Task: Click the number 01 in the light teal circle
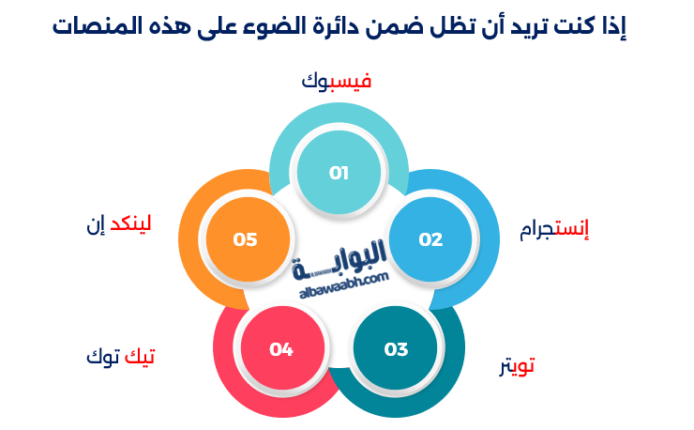click(x=339, y=173)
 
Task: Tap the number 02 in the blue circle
click(x=430, y=239)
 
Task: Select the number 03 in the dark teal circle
click(x=396, y=350)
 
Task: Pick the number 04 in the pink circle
click(x=281, y=350)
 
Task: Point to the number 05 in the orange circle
click(x=245, y=239)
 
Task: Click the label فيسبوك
click(x=337, y=81)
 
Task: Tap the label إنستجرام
click(x=554, y=229)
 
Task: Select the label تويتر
click(x=517, y=366)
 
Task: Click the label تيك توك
click(x=120, y=356)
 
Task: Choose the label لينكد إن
click(x=118, y=223)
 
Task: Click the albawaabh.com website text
click(x=344, y=285)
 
